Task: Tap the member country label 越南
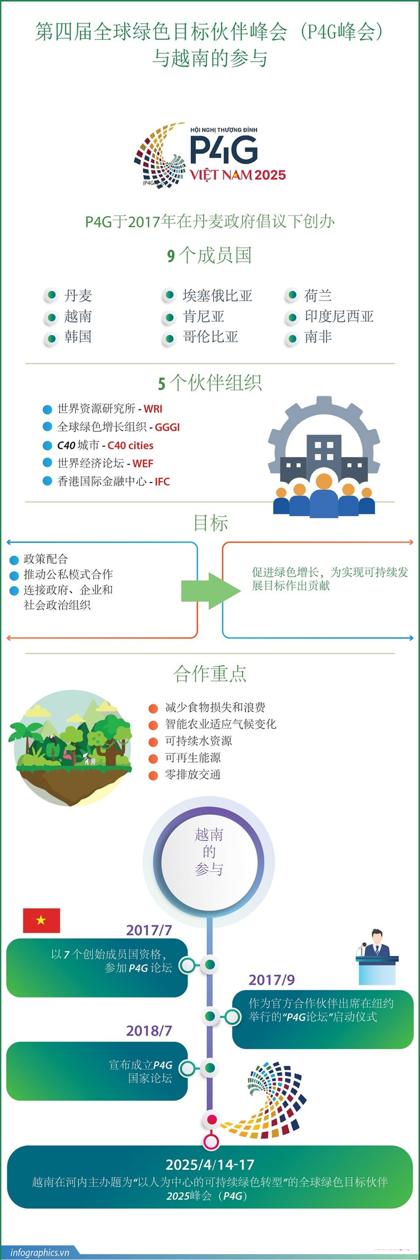(78, 316)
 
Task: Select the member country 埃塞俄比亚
(218, 295)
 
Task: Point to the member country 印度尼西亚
(339, 316)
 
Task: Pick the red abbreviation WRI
(153, 409)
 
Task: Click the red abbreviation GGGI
(167, 427)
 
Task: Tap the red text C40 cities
(131, 445)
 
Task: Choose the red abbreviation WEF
(143, 463)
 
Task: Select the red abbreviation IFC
(162, 481)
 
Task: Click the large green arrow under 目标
(211, 591)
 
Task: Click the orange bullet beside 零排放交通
(153, 775)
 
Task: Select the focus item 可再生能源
(192, 758)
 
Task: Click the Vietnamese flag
(42, 920)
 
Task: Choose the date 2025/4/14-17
(210, 1164)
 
